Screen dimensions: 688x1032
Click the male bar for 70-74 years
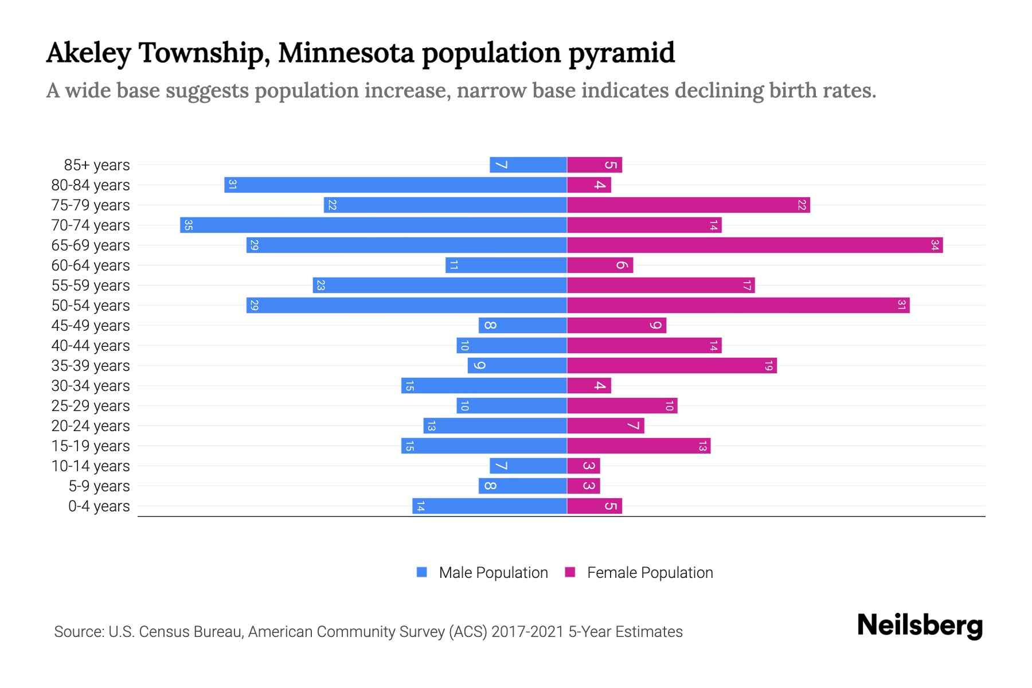click(373, 225)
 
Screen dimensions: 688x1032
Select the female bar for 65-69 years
click(755, 245)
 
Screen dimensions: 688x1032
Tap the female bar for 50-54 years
click(738, 306)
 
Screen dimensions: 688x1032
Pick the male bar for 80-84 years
click(396, 185)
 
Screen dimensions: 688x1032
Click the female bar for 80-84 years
click(589, 185)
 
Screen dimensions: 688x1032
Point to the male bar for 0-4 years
click(489, 506)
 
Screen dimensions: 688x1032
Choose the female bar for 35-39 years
click(671, 366)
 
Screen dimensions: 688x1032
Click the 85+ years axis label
click(97, 165)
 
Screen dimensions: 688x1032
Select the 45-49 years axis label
click(91, 326)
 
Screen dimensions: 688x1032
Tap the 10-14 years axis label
click(91, 466)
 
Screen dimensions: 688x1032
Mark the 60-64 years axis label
click(91, 265)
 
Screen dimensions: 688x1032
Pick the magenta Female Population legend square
click(570, 572)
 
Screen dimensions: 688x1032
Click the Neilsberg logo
click(920, 626)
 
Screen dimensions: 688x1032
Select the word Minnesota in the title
click(346, 53)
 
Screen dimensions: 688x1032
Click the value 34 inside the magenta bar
click(935, 245)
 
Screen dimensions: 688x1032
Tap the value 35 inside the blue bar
click(188, 225)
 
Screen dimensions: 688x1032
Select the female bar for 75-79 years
click(688, 205)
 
